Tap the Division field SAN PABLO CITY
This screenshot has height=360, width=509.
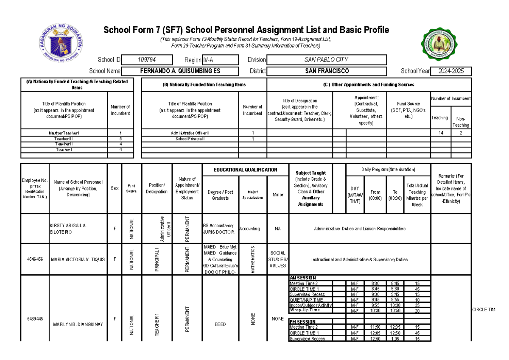326,60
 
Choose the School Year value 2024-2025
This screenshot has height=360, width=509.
451,71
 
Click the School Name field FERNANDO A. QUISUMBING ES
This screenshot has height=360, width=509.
180,71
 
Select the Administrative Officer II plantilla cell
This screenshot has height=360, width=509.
190,133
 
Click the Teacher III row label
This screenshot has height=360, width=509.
64,139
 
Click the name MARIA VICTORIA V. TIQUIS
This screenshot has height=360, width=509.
78,259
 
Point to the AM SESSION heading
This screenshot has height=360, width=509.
302,278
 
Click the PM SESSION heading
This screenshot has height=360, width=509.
302,322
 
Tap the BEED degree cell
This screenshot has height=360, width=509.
221,324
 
